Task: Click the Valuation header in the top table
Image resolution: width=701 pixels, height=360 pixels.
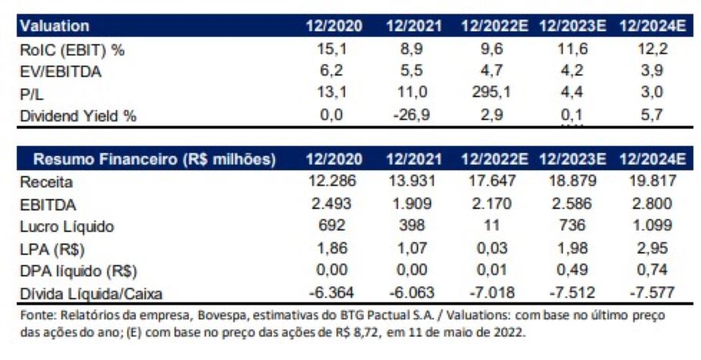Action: [55, 26]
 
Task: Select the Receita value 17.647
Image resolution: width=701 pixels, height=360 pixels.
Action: [493, 182]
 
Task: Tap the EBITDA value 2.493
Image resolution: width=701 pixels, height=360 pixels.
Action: [335, 205]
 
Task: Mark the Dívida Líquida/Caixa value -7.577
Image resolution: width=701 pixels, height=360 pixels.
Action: [653, 293]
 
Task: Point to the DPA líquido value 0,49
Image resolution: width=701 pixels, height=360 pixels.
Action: [573, 271]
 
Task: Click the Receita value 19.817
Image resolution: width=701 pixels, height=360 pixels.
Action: [653, 182]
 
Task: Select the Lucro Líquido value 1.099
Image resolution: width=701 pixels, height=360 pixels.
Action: [653, 227]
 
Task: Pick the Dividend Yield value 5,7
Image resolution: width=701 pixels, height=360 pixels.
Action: [654, 116]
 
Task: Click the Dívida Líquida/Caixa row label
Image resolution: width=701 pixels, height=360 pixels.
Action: [88, 293]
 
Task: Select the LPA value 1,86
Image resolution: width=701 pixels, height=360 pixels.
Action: [335, 249]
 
